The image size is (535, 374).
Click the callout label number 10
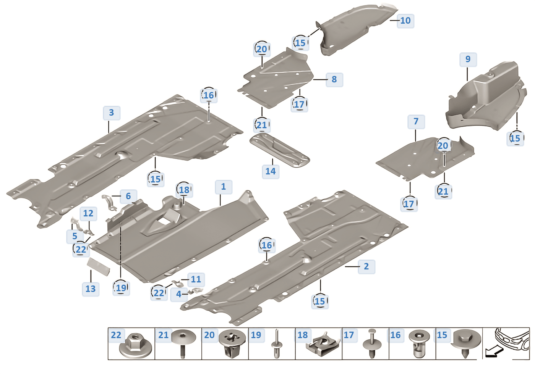405,21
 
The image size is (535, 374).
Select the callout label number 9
468,60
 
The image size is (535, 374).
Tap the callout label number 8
334,79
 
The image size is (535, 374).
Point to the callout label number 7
416,122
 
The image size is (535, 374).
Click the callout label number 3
111,113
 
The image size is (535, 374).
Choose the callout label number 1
223,187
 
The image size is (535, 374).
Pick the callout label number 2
366,266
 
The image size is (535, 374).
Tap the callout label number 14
271,171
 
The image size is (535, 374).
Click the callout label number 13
91,289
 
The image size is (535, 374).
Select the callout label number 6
128,196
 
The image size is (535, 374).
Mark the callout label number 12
88,213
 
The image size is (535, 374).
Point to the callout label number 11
196,279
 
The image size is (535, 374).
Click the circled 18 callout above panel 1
184,190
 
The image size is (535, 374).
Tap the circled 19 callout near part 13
121,288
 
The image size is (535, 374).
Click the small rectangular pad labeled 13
99,266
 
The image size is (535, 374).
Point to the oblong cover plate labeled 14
279,150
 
